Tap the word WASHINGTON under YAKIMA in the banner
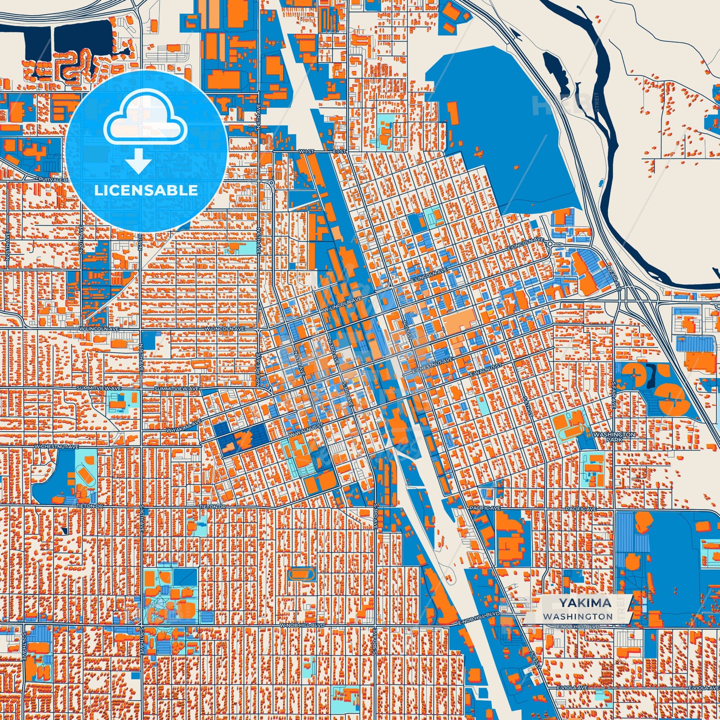[x=578, y=616]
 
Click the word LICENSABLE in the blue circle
[x=146, y=190]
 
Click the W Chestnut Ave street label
[x=56, y=447]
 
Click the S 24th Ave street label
[x=23, y=647]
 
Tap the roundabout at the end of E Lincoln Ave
[x=550, y=244]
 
